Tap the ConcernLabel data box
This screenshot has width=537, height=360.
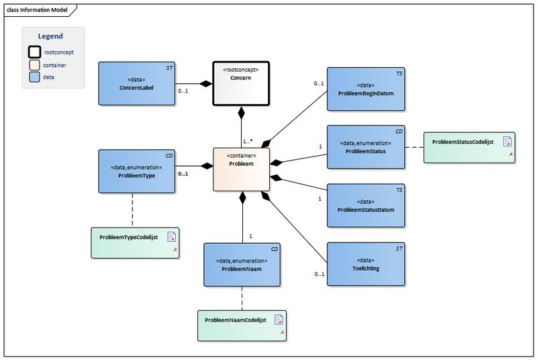click(x=137, y=83)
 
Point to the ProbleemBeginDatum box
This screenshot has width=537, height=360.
click(x=366, y=89)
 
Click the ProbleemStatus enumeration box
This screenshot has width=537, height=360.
click(x=366, y=146)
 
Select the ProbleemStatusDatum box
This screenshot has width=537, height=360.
click(x=366, y=205)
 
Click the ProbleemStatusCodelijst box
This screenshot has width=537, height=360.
click(x=469, y=146)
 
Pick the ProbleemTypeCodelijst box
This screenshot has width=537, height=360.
click(x=136, y=242)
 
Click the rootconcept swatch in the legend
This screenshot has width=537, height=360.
click(x=34, y=52)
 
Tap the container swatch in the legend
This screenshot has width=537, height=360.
click(x=34, y=65)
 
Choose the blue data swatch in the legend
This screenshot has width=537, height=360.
click(x=34, y=77)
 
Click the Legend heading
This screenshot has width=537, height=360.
click(x=50, y=36)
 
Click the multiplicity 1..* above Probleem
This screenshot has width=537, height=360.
click(x=248, y=142)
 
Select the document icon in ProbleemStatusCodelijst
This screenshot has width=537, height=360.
click(x=507, y=142)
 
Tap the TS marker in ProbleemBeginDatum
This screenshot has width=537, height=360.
click(x=399, y=73)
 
